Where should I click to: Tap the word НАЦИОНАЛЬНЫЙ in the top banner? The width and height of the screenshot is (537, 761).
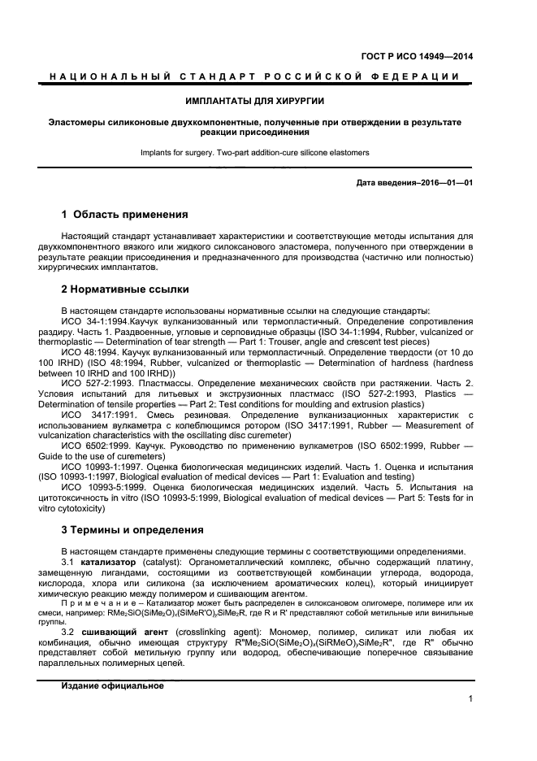coord(106,76)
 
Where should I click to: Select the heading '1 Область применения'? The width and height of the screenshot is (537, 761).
coord(125,215)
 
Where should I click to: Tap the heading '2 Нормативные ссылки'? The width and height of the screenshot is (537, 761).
coord(126,289)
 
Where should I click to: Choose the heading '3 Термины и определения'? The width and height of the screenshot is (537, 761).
coord(132,531)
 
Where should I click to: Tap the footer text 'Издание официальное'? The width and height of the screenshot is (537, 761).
coord(113,685)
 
